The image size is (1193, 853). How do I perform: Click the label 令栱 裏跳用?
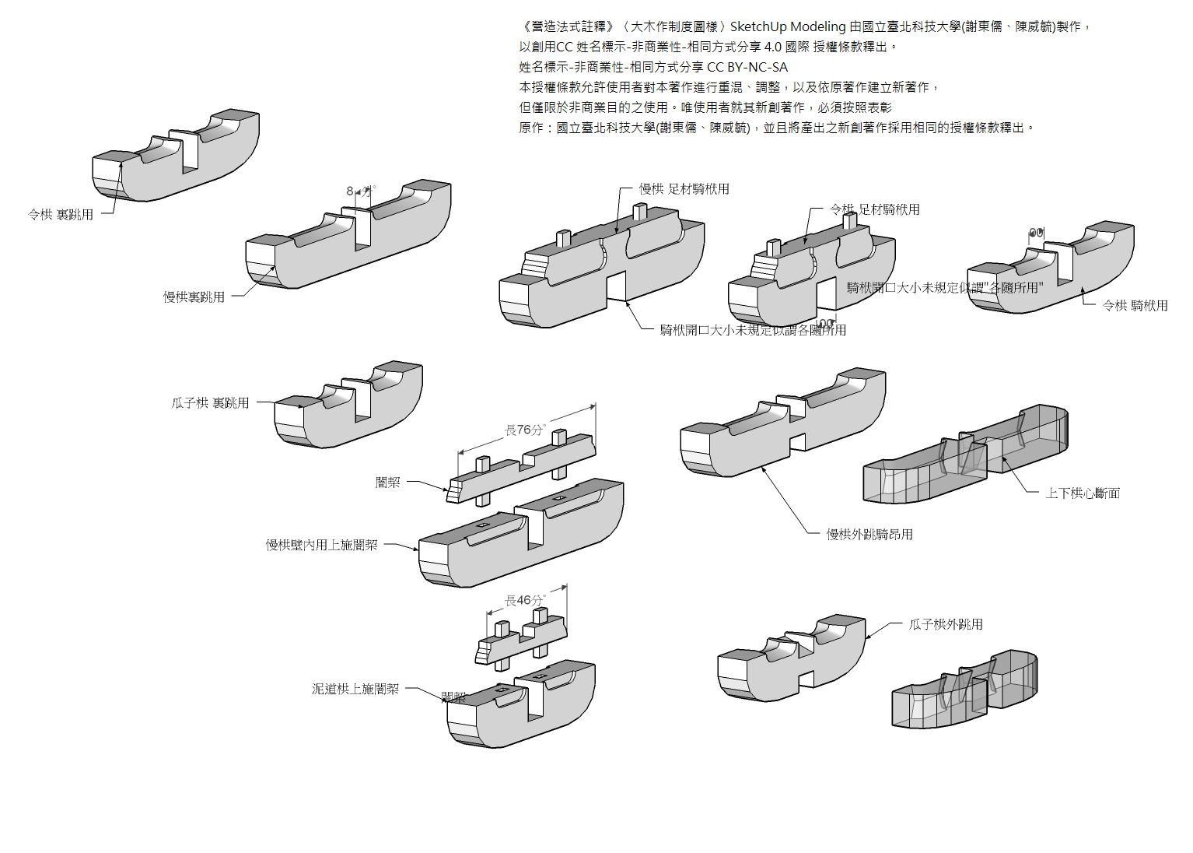[61, 215]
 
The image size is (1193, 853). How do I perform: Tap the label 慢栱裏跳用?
[194, 297]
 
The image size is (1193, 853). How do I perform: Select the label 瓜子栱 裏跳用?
[210, 403]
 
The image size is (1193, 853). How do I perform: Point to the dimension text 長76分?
[525, 430]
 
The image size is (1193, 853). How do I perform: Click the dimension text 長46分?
[525, 600]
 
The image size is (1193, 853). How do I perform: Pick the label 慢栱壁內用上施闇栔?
[321, 545]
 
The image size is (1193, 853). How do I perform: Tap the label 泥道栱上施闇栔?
[355, 689]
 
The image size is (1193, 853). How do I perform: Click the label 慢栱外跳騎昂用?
[869, 535]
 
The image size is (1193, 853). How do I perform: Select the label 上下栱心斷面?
[1083, 493]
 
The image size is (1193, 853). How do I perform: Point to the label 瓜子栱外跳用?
[946, 624]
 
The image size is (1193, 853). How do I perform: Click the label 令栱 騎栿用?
[1135, 306]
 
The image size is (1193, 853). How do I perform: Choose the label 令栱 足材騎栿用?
[874, 209]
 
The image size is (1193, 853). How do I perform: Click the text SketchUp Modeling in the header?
[787, 26]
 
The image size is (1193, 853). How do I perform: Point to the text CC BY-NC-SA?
[747, 67]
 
